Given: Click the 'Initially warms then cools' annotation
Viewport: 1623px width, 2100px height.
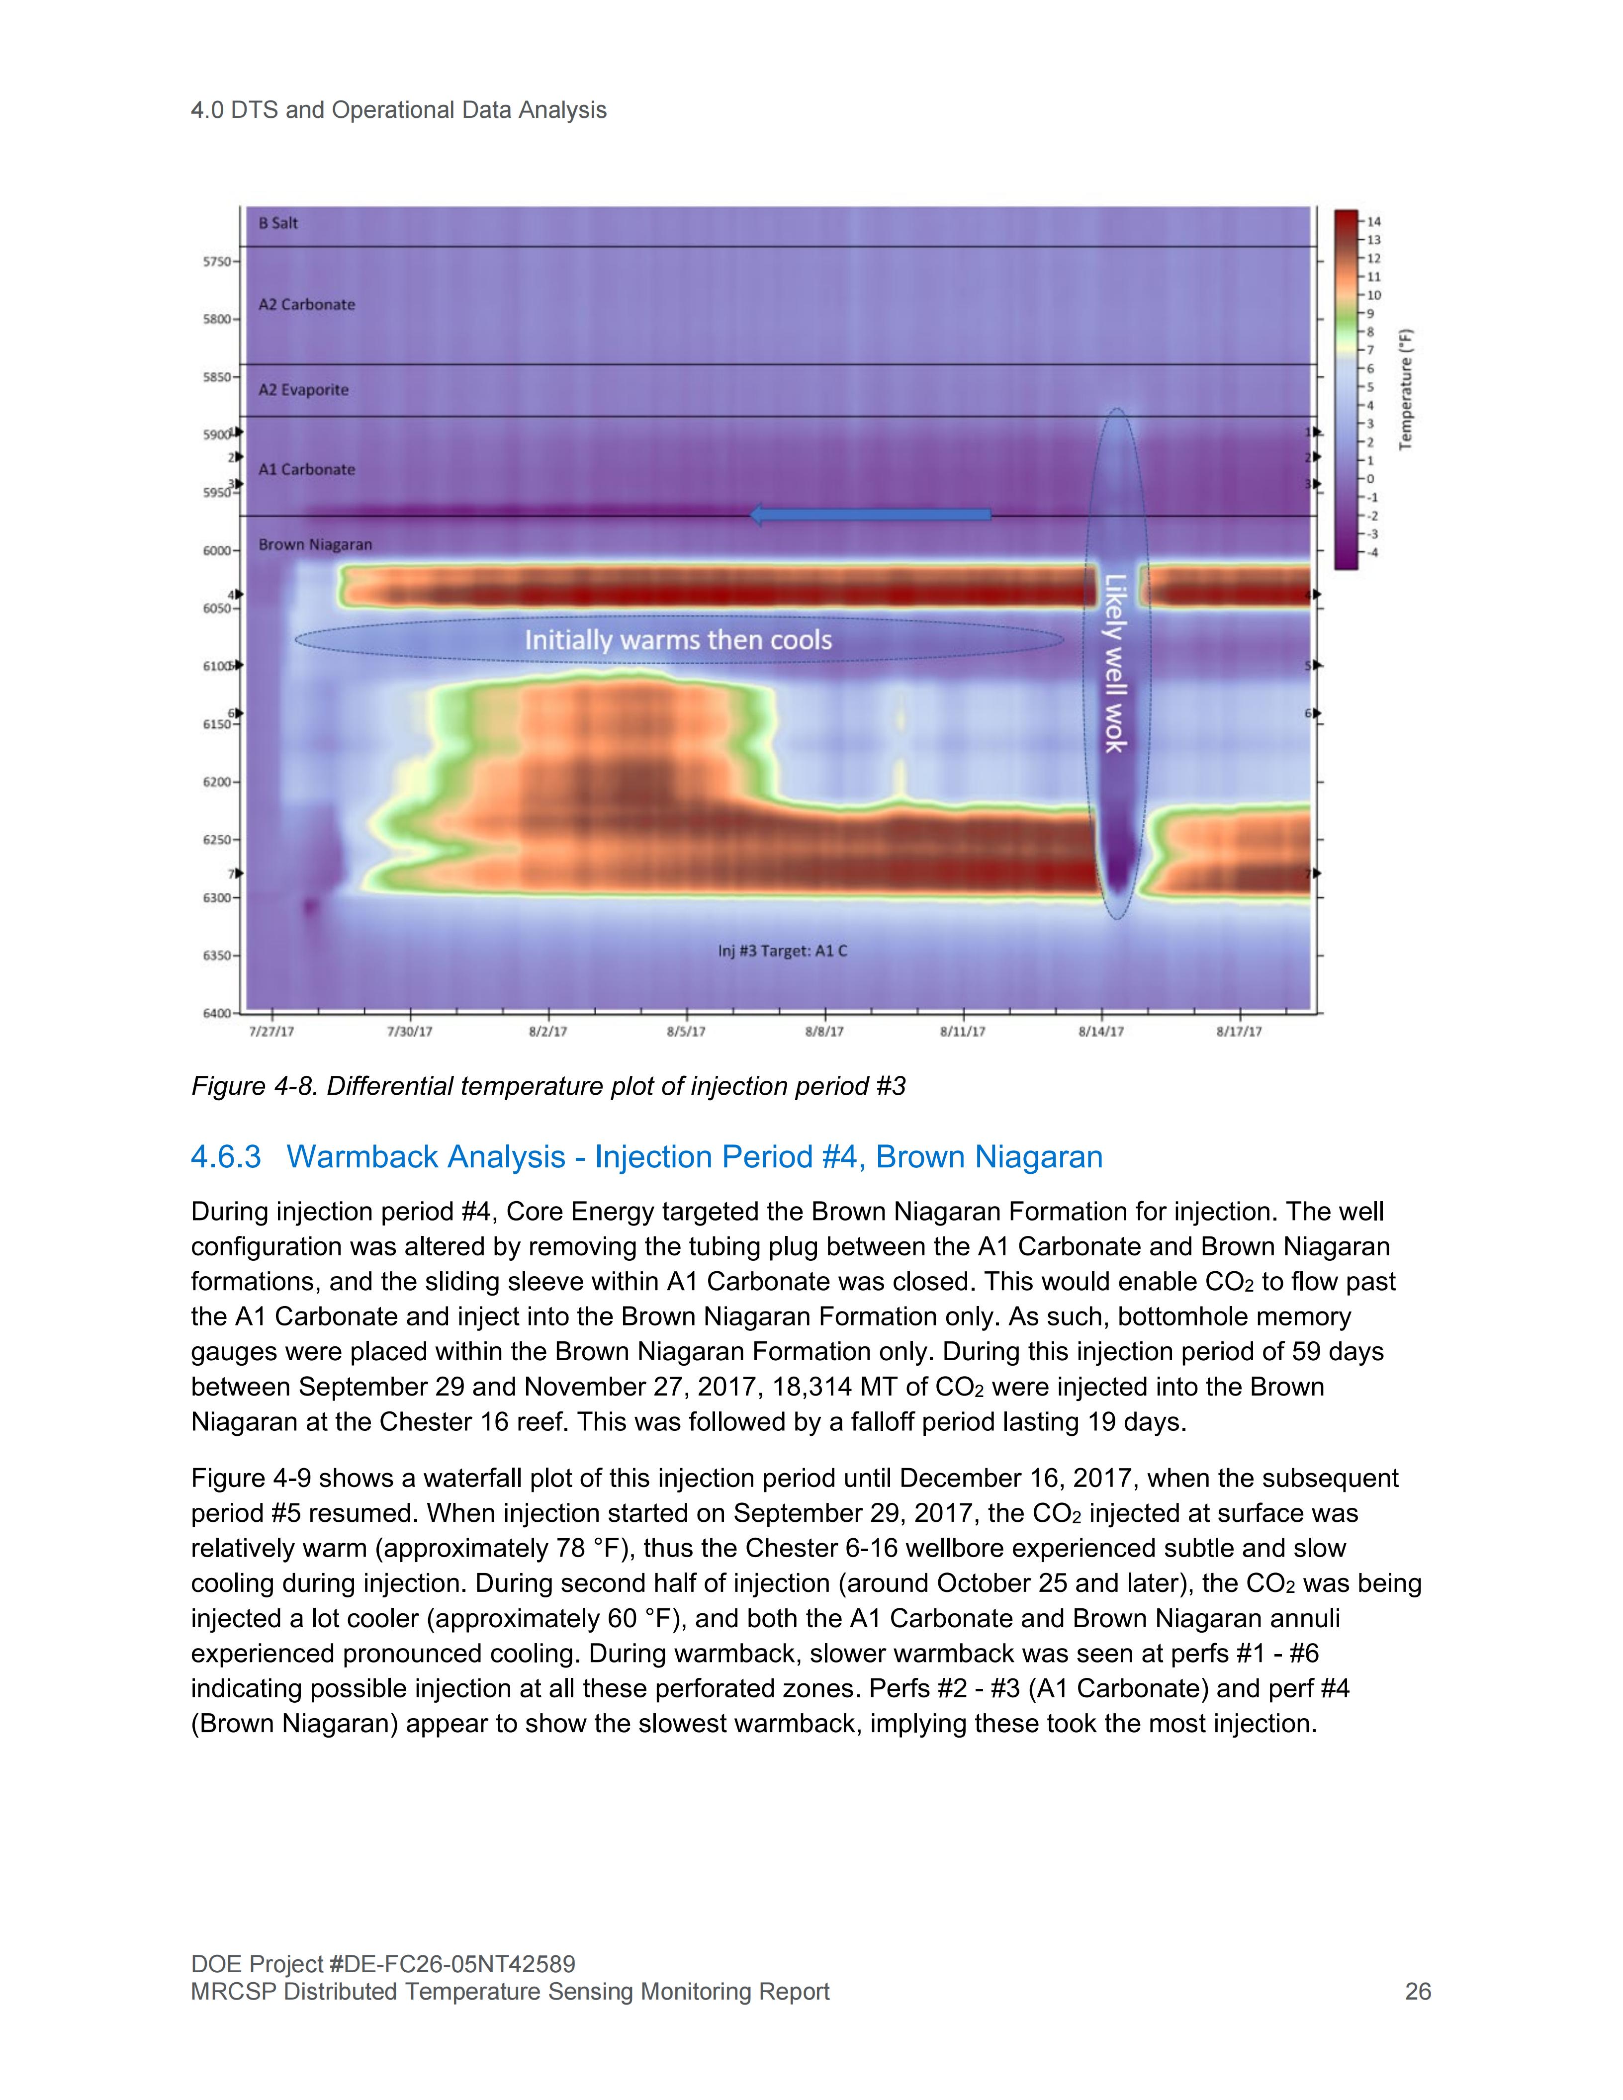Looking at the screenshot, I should [x=678, y=639].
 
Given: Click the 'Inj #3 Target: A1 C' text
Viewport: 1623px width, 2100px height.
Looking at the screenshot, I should [x=783, y=951].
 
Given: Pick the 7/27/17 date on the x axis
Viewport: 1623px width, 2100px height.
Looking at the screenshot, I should [x=272, y=1032].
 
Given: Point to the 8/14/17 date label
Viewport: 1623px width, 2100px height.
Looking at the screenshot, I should [x=1101, y=1032].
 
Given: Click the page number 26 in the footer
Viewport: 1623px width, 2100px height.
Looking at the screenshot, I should [x=1417, y=1991].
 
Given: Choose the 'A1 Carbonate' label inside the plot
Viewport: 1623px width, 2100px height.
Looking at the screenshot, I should [x=307, y=469].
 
